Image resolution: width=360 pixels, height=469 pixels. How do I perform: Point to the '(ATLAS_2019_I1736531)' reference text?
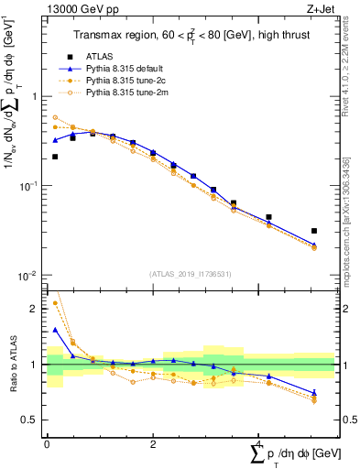[191, 274]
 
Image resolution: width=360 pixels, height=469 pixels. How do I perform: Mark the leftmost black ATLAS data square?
[55, 157]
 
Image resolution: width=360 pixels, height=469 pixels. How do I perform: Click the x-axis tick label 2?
[153, 443]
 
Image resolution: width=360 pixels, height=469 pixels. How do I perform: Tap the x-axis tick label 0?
[47, 443]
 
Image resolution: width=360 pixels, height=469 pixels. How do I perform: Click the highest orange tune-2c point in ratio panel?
[55, 302]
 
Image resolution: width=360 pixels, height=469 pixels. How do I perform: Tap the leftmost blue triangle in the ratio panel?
[55, 330]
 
